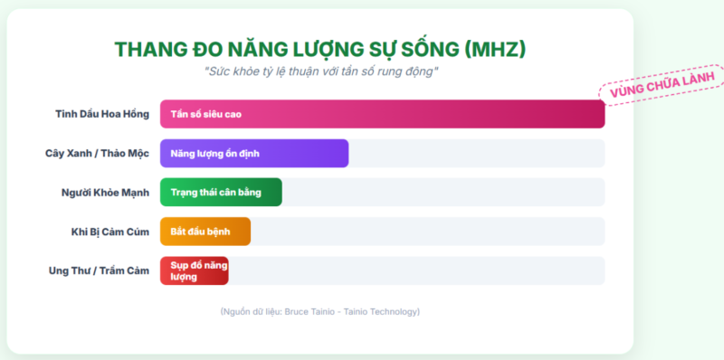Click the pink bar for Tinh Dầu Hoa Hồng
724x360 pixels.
382,114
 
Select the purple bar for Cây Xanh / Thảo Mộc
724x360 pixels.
254,153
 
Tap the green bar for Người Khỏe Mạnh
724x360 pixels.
221,192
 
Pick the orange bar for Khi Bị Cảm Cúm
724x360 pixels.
205,232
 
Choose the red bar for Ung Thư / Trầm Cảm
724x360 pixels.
195,270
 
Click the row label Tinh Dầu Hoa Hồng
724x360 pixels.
102,114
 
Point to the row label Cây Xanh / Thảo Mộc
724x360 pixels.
98,153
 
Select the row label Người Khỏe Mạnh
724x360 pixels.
105,193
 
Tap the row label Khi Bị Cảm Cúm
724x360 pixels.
110,232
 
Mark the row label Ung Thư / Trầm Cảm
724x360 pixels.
100,271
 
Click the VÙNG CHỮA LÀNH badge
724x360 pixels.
662,84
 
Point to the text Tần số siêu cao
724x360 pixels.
206,114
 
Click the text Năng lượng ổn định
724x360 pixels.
214,154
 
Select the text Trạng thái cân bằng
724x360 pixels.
215,193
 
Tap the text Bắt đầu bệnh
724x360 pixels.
200,232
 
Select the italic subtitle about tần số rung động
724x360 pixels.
321,72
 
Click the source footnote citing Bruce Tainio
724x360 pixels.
320,311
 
